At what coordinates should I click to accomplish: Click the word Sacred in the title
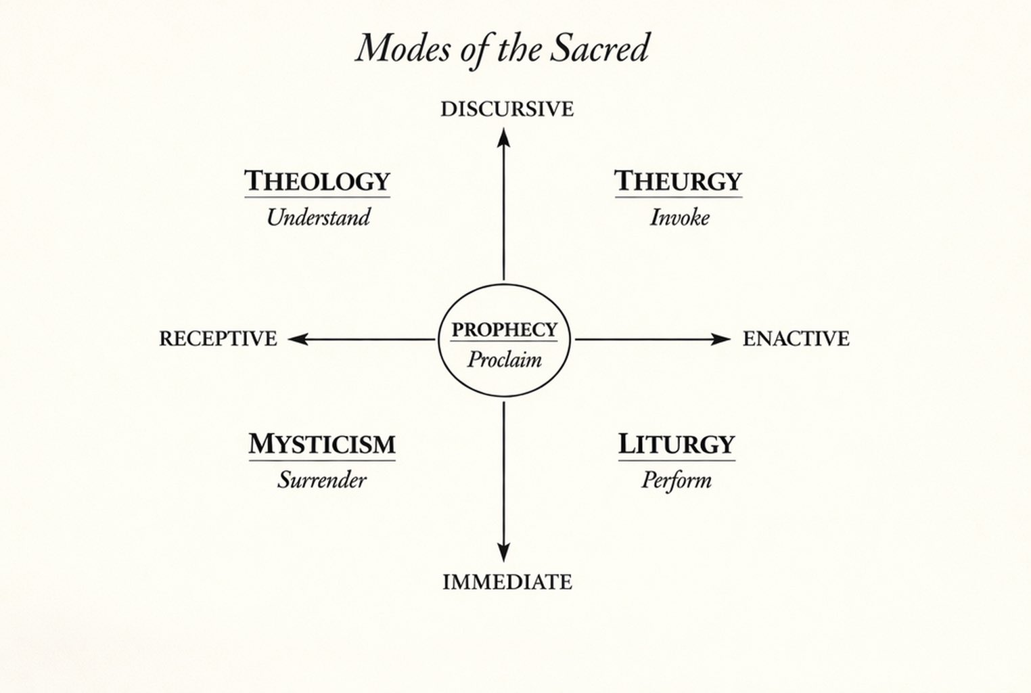click(x=599, y=49)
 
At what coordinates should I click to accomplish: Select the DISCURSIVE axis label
click(x=507, y=109)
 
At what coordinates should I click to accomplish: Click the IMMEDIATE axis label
click(x=507, y=582)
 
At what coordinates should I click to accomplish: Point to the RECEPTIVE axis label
click(x=218, y=338)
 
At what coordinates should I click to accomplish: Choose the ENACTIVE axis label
click(x=796, y=338)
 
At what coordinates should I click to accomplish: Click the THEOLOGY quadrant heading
click(x=317, y=181)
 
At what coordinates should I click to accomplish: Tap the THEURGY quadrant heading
click(x=678, y=181)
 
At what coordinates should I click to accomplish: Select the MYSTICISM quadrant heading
click(x=322, y=445)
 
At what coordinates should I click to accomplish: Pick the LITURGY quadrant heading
click(x=677, y=445)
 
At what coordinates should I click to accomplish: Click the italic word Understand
click(x=318, y=217)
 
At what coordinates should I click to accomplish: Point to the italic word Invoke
click(x=679, y=217)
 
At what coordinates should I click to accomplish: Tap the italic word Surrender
click(x=321, y=480)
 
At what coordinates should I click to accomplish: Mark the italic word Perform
click(x=676, y=480)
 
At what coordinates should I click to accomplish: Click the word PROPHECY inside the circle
click(x=504, y=330)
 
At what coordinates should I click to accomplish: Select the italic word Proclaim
click(x=504, y=359)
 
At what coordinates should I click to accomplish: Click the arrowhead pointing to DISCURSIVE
click(x=503, y=137)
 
